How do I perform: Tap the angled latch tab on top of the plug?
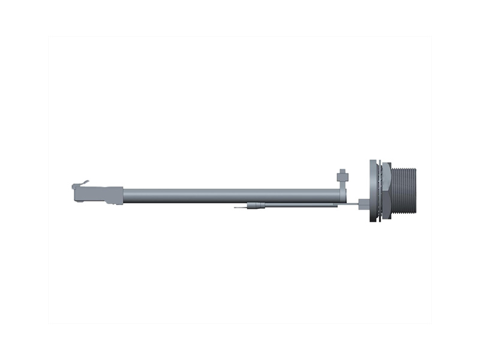click(x=83, y=182)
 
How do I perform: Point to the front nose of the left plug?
click(x=74, y=193)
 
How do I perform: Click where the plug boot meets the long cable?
click(x=122, y=196)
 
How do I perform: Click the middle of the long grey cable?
click(x=228, y=196)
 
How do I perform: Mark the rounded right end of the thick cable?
click(x=342, y=196)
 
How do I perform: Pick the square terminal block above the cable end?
click(x=343, y=178)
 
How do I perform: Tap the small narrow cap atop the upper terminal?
click(x=343, y=170)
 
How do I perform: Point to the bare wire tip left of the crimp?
click(x=240, y=208)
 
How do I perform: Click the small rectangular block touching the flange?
click(x=364, y=205)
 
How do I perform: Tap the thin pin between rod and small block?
click(x=350, y=205)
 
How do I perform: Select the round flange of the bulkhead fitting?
click(x=373, y=191)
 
